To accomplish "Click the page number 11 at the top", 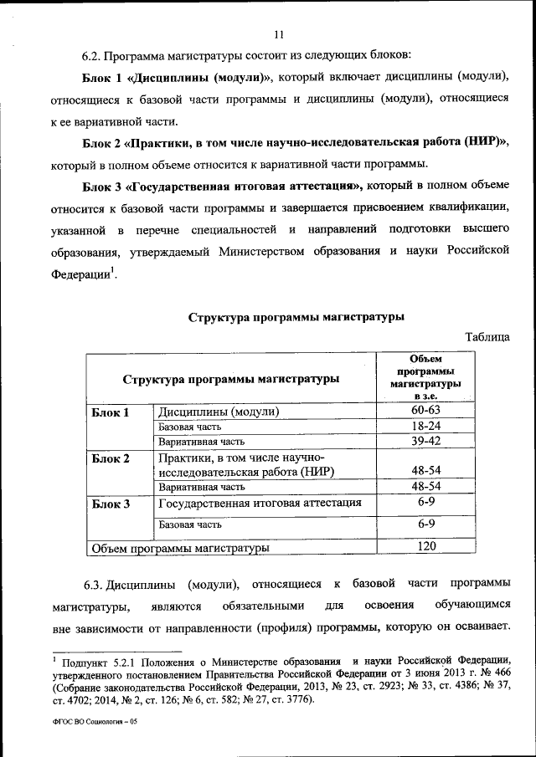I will (279, 34).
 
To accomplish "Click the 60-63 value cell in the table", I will (426, 411).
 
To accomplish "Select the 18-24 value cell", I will (426, 426).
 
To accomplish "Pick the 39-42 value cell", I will (426, 440).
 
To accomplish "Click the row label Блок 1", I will (110, 412).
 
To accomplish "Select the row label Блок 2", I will (110, 458).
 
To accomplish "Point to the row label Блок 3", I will (110, 504).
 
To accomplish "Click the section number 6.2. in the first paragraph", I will (91, 56).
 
